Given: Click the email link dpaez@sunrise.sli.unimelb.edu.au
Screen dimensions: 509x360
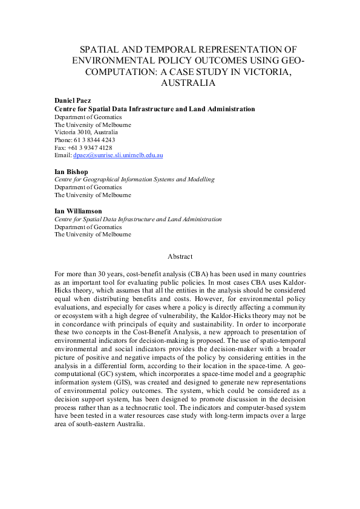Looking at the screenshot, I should point(118,155).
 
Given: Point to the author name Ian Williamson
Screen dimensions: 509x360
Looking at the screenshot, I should point(78,211).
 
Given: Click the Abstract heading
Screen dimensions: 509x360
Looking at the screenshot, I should point(180,256).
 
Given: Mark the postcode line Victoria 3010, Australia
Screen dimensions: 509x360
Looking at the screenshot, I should point(87,132).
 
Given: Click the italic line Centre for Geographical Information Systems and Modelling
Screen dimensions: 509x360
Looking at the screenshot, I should point(134,180).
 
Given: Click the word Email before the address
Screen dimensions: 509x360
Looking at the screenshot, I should point(62,155).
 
